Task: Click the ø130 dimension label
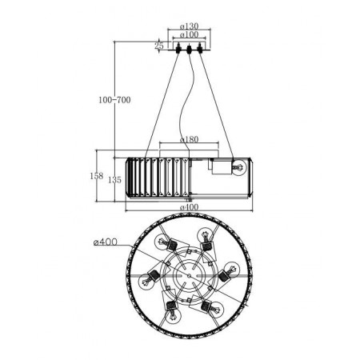pos(189,26)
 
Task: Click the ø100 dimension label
pos(189,34)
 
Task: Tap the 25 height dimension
pos(159,46)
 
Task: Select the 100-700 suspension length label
pos(114,100)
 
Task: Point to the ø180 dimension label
pos(189,139)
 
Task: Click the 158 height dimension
pos(96,176)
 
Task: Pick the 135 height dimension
pos(114,180)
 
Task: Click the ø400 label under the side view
pos(189,207)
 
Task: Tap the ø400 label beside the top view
pos(106,242)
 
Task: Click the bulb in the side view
pos(238,167)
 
